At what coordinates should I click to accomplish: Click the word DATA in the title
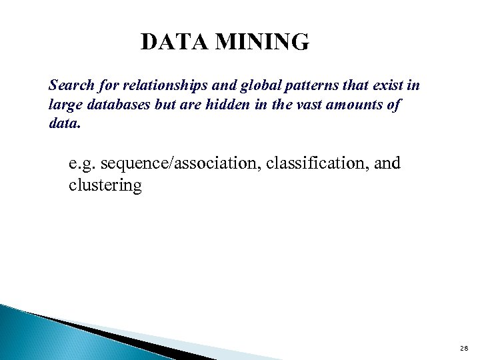click(173, 42)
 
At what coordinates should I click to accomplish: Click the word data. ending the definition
click(64, 123)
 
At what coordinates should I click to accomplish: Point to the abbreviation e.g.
click(83, 164)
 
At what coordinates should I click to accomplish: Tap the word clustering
click(105, 185)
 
